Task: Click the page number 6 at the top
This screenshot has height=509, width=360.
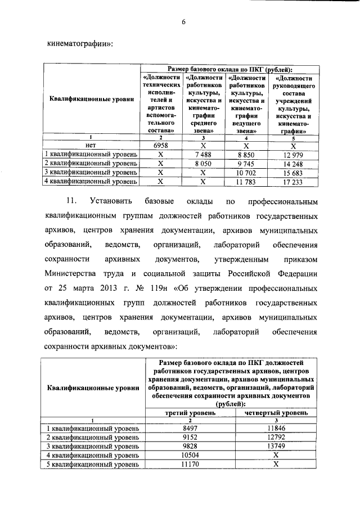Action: [x=183, y=22]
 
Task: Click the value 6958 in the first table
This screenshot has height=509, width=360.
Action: [x=161, y=145]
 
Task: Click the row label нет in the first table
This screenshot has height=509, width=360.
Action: [x=92, y=145]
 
